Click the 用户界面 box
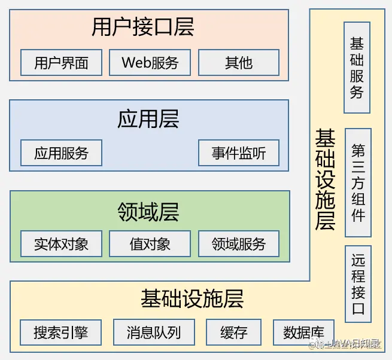61,62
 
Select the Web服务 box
150,62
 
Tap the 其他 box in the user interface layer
239,62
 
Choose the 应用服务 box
61,153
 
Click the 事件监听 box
239,153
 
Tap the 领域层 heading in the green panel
149,212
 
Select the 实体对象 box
61,244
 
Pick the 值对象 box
150,244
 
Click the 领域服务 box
239,244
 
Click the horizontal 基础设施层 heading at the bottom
192,298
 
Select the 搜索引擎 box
60,332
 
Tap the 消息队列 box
153,332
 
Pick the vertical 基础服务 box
357,68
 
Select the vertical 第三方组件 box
358,182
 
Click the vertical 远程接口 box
358,284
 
